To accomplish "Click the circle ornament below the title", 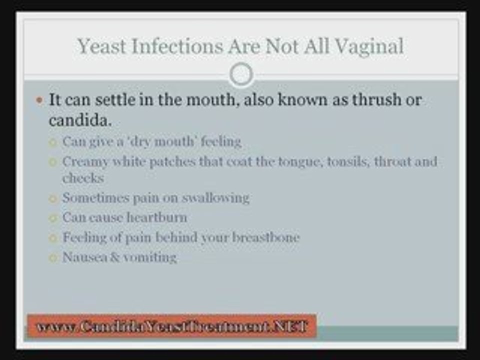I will coord(241,74).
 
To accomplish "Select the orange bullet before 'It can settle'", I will coord(40,100).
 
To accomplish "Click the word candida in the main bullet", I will coord(78,120).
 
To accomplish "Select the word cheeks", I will coord(82,178).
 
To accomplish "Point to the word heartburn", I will coord(157,218).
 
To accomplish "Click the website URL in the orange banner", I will coord(172,326).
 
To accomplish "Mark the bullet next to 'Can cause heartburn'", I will coord(52,218).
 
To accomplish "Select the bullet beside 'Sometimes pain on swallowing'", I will coord(52,198).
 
